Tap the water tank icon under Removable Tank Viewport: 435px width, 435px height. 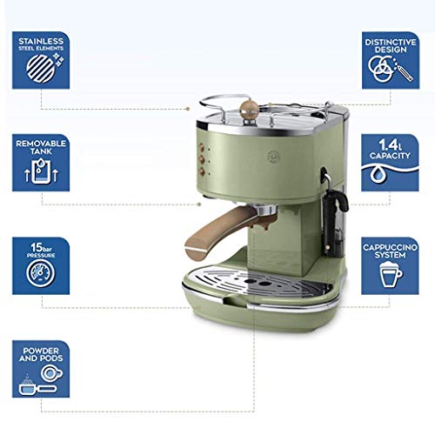pyautogui.click(x=40, y=173)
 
